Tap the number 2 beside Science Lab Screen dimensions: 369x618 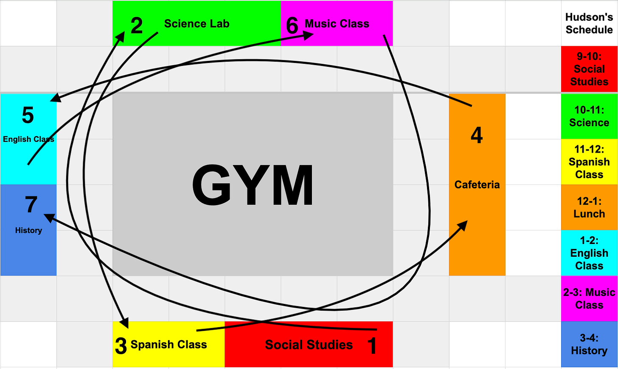(x=136, y=26)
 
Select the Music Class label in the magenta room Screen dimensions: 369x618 (x=337, y=24)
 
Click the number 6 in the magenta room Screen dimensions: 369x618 (x=292, y=26)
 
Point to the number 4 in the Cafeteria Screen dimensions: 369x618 (x=477, y=136)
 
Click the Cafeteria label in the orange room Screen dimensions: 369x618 (x=477, y=185)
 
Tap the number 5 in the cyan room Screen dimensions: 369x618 (x=28, y=116)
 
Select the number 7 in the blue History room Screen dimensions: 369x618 (x=31, y=205)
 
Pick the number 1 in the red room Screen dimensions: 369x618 (x=372, y=346)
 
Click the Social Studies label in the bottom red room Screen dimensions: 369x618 (x=309, y=345)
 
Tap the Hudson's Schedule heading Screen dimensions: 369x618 (x=589, y=23)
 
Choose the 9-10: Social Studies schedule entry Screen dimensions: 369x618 (x=589, y=69)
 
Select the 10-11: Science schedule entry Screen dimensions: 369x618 (x=589, y=116)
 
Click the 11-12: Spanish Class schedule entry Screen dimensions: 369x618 (x=589, y=162)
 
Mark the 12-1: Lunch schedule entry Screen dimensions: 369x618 (x=589, y=207)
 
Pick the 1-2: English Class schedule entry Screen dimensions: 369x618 (x=589, y=253)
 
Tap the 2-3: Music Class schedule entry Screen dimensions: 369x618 (x=589, y=298)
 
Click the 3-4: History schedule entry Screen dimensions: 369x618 (x=589, y=344)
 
